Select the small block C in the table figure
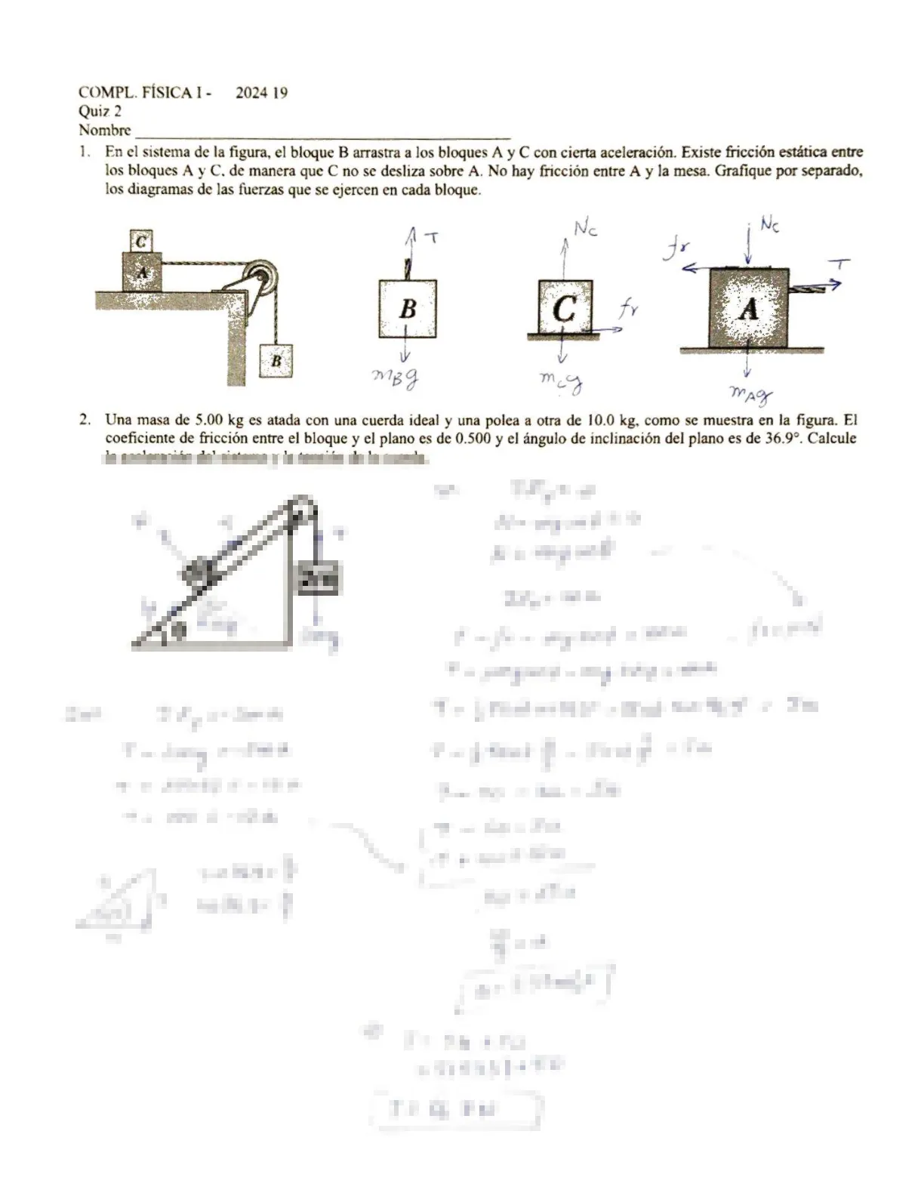click(x=141, y=242)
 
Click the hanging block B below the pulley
click(x=276, y=361)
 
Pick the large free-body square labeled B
click(x=408, y=308)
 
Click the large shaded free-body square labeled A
click(x=748, y=308)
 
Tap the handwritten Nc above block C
click(x=586, y=228)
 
